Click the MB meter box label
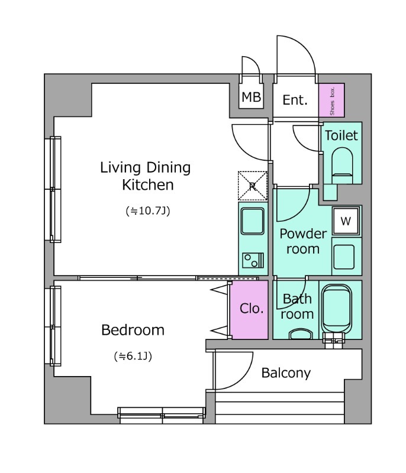(x=251, y=97)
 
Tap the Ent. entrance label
(x=295, y=100)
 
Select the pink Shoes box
(x=331, y=100)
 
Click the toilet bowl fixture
(x=342, y=166)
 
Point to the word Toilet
(x=341, y=135)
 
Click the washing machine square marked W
(x=346, y=221)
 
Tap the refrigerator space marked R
(x=253, y=186)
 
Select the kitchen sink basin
(x=253, y=221)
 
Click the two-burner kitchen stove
(x=253, y=260)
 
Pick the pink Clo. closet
(x=249, y=310)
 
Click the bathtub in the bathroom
(x=337, y=309)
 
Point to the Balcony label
(x=286, y=373)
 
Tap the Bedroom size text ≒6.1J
(x=133, y=357)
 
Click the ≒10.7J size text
(x=148, y=210)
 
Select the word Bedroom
(x=133, y=330)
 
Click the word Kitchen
(x=148, y=185)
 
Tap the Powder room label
(x=303, y=241)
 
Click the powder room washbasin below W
(x=344, y=257)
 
